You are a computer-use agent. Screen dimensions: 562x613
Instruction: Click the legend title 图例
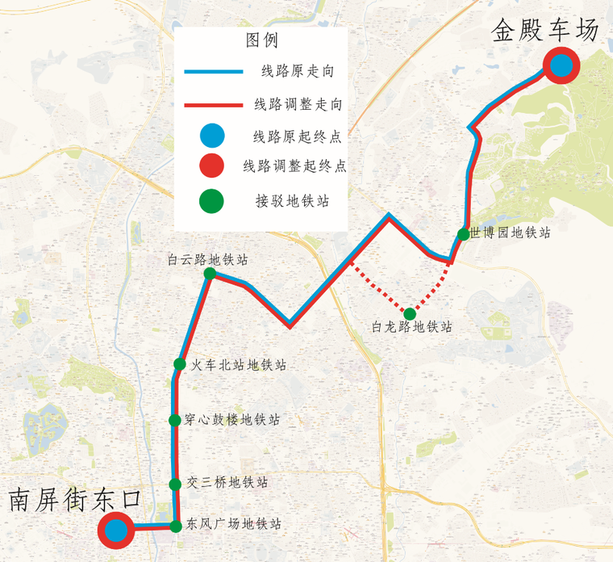[262, 40]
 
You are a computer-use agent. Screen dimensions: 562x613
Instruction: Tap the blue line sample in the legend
[214, 72]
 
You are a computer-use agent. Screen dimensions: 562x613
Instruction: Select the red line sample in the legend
[214, 104]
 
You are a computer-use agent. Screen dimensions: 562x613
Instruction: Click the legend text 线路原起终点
[292, 135]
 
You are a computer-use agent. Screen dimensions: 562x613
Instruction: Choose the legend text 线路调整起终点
[295, 166]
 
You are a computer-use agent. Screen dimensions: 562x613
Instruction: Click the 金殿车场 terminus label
[546, 31]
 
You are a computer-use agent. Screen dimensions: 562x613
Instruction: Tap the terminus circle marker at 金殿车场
[561, 66]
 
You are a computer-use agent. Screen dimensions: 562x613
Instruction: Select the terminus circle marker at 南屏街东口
[115, 531]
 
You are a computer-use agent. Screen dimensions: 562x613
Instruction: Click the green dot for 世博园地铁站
[463, 234]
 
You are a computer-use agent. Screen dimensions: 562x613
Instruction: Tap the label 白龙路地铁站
[412, 328]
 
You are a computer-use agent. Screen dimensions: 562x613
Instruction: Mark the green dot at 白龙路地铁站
[410, 313]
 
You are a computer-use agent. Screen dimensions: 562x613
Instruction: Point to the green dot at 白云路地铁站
[210, 274]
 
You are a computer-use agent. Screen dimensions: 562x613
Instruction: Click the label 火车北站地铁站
[239, 365]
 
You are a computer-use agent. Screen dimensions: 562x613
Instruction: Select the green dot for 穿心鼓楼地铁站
[174, 420]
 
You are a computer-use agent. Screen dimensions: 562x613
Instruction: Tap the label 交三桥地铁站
[227, 483]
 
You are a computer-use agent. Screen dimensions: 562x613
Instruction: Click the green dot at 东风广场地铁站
[176, 526]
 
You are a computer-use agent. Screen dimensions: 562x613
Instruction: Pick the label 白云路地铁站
[207, 260]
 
